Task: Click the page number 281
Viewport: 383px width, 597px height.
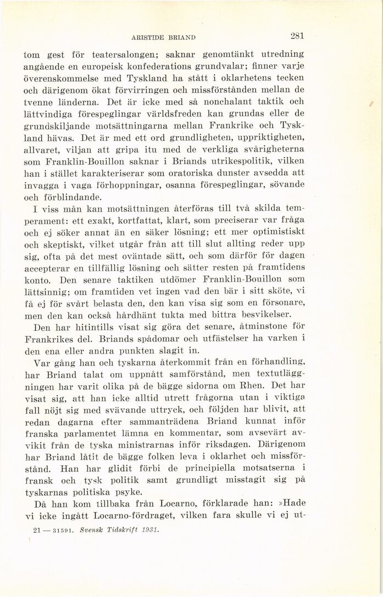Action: click(297, 36)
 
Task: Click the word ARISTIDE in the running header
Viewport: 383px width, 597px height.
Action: click(148, 37)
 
